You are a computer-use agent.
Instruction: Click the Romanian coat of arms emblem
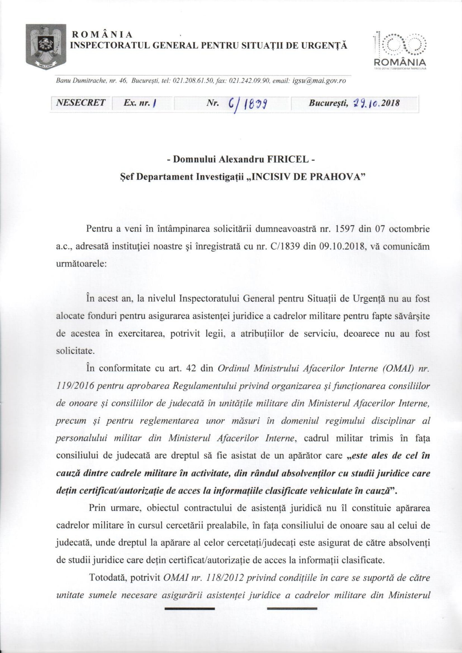tap(46, 45)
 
